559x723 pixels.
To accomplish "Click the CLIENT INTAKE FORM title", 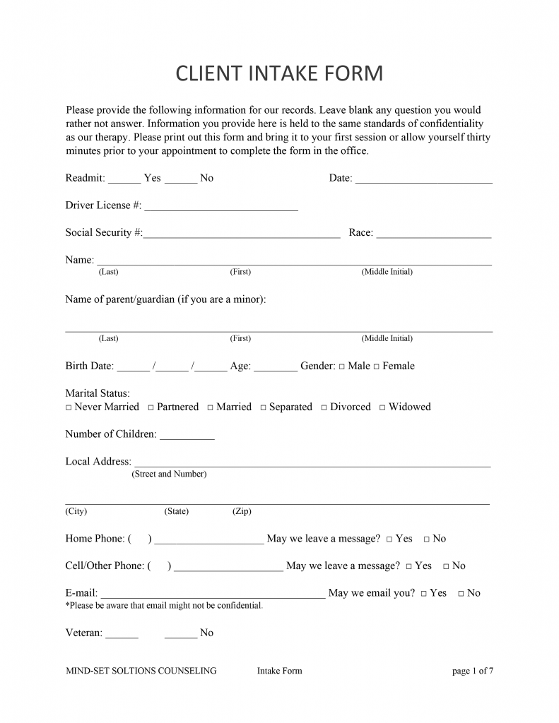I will (279, 73).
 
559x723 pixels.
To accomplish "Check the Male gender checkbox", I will (342, 366).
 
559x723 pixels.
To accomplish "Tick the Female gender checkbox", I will (377, 366).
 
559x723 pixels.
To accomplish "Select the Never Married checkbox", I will (69, 407).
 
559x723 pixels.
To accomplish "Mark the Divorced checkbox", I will (324, 407).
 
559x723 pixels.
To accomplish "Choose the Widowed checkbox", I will (382, 407).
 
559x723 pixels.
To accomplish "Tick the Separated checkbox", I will (263, 407).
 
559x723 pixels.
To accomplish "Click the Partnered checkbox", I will (151, 407).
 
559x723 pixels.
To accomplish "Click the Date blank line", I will (423, 181).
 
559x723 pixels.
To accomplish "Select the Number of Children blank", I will (187, 438).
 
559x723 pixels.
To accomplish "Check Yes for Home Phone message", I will (389, 539).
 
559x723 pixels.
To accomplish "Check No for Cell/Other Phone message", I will (446, 566).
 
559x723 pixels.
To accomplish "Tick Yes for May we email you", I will (423, 594).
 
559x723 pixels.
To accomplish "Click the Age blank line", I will (275, 369).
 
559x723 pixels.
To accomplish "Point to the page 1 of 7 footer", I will (472, 671).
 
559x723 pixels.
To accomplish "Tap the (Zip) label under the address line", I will (242, 511).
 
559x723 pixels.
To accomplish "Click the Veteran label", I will (83, 633).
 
